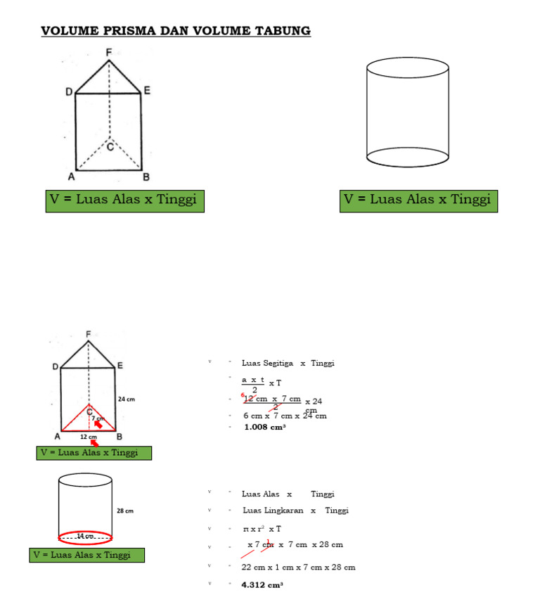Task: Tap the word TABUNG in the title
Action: [x=282, y=31]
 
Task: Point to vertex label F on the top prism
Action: [x=108, y=52]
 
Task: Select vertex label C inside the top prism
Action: [x=110, y=147]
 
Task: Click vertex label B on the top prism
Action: [x=146, y=176]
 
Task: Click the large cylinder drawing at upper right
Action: [x=408, y=113]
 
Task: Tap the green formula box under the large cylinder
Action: [x=418, y=200]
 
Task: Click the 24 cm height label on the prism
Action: [x=127, y=399]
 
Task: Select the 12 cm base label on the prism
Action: [x=88, y=437]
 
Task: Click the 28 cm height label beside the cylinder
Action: [x=125, y=511]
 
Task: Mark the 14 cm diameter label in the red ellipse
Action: [x=85, y=536]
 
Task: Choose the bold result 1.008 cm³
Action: [x=264, y=427]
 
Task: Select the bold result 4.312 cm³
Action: [x=262, y=584]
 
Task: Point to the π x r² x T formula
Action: [x=262, y=529]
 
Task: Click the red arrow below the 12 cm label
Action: [x=94, y=443]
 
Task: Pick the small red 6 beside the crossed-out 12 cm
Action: [x=242, y=397]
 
